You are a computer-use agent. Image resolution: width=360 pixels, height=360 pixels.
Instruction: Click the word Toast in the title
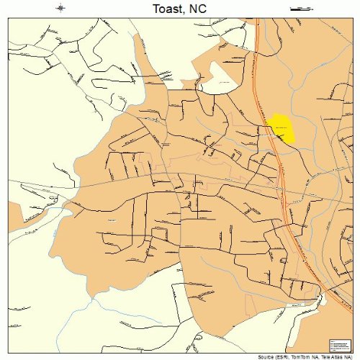point(167,9)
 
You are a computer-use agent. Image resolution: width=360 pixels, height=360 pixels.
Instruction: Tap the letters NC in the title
point(202,9)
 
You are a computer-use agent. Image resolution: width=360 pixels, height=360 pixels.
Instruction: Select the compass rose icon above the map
point(62,9)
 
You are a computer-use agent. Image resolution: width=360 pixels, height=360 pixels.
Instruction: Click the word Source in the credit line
point(265,356)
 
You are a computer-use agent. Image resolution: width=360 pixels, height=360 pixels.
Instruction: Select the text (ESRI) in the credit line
point(282,356)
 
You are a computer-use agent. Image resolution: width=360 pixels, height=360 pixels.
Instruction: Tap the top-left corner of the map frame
point(9,19)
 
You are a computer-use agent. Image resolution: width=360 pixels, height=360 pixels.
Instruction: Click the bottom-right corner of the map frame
point(351,351)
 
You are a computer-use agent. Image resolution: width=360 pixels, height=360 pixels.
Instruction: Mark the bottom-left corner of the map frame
point(9,351)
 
